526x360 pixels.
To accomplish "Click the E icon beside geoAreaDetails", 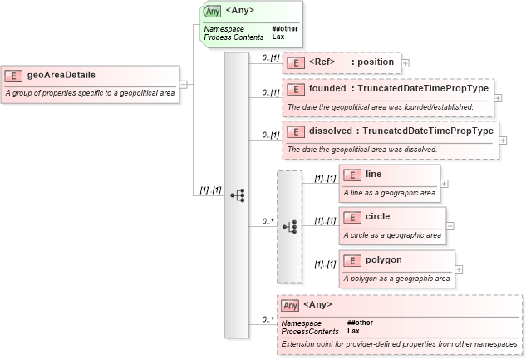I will pyautogui.click(x=13, y=76).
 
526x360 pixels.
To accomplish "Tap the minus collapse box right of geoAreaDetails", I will pyautogui.click(x=183, y=84).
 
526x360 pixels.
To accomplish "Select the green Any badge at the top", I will pyautogui.click(x=213, y=12).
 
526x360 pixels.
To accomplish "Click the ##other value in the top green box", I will pyautogui.click(x=284, y=29).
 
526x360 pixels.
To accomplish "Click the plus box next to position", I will pyautogui.click(x=405, y=62).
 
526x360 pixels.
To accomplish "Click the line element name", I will pyautogui.click(x=374, y=174).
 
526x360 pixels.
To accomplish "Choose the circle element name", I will pyautogui.click(x=377, y=216).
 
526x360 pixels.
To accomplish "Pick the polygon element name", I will pyautogui.click(x=383, y=259).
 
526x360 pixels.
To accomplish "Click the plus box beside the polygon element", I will pyautogui.click(x=459, y=269).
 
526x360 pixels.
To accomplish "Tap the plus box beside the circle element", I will pyautogui.click(x=450, y=225).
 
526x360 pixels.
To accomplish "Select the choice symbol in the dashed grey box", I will pyautogui.click(x=289, y=226).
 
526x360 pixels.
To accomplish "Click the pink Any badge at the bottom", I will pyautogui.click(x=290, y=306).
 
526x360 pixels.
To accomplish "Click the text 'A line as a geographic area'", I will pyautogui.click(x=390, y=192).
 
